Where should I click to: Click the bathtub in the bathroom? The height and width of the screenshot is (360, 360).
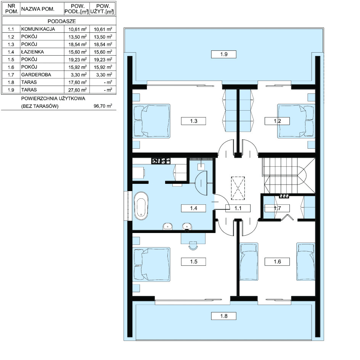tap(141, 206)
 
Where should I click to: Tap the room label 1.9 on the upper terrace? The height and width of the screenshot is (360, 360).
tap(223, 55)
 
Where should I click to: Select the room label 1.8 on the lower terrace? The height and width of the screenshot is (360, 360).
tap(223, 316)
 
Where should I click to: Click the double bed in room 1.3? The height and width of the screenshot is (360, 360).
tap(152, 121)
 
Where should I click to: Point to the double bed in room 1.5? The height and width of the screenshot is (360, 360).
tap(152, 264)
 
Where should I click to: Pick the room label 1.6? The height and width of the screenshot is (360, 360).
tap(277, 262)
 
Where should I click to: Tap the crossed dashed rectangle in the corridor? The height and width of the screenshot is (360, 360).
tap(238, 188)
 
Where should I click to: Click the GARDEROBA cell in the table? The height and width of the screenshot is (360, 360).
tap(36, 75)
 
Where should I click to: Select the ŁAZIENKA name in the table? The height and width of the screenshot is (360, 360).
tap(32, 52)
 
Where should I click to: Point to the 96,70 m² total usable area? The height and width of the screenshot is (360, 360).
tap(103, 106)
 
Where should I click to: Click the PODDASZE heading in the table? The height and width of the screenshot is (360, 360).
tap(61, 21)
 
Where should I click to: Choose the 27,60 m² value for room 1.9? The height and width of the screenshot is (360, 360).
tap(77, 90)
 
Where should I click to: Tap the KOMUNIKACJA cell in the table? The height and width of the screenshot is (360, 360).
tap(38, 29)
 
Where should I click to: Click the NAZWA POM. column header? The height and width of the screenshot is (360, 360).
tap(38, 9)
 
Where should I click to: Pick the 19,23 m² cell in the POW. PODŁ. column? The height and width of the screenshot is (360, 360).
tap(77, 59)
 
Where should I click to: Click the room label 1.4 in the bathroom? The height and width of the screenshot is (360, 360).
tap(194, 208)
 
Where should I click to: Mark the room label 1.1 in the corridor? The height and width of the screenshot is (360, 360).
tap(238, 208)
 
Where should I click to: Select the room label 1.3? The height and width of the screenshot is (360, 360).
tap(194, 121)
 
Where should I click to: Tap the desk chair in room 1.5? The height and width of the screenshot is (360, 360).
tap(193, 246)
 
